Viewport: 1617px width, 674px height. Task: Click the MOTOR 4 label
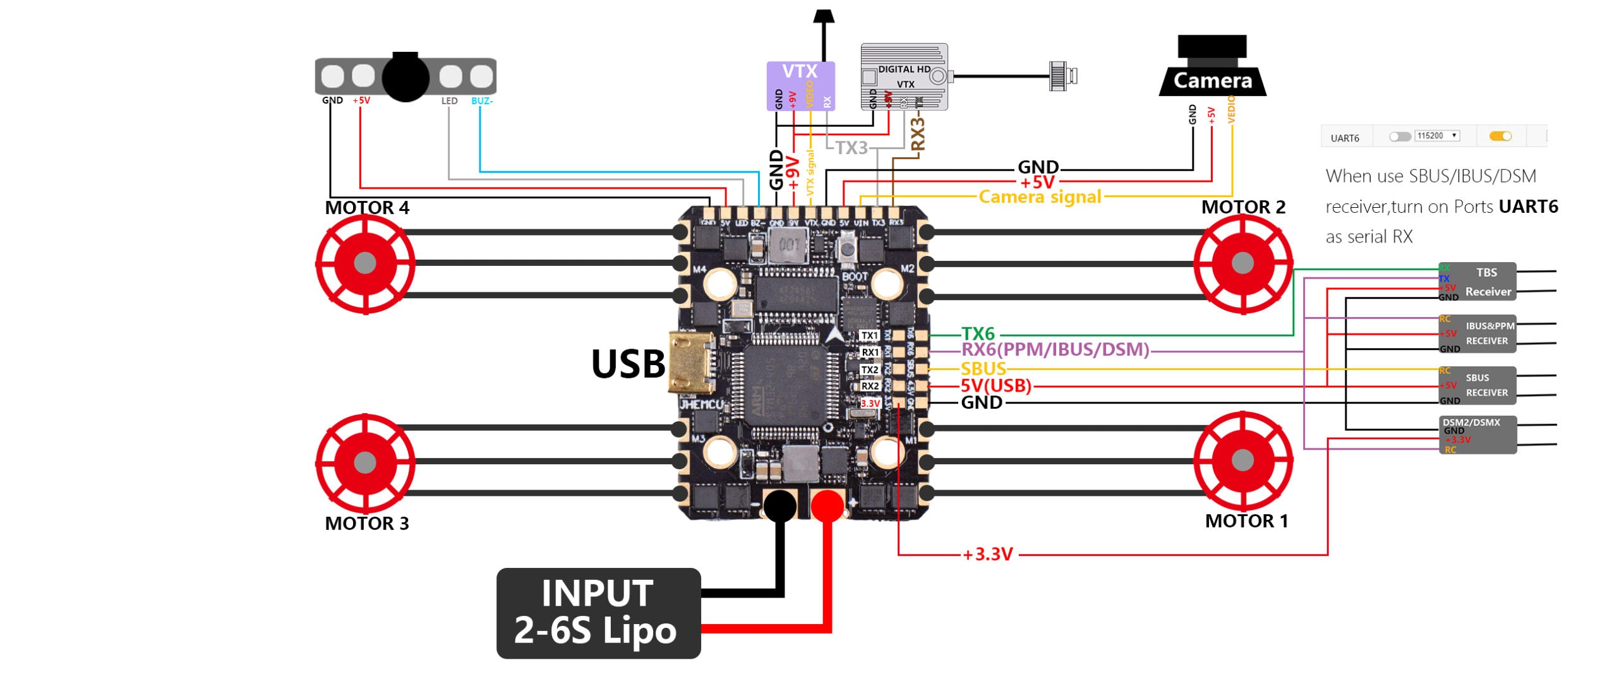pos(367,207)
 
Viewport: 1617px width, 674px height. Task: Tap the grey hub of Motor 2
pos(1242,263)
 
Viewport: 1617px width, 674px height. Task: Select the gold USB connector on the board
pos(691,363)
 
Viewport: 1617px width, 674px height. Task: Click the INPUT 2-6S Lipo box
pos(598,613)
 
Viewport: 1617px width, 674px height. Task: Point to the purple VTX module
pos(800,85)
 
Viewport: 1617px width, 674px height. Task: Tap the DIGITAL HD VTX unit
pos(904,76)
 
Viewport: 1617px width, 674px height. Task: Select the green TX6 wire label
pos(978,334)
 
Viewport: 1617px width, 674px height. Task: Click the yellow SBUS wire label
pos(983,369)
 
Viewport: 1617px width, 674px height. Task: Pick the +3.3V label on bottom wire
pos(988,555)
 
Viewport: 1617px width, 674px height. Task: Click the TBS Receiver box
pos(1477,282)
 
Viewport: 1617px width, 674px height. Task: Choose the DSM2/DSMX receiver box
pos(1477,435)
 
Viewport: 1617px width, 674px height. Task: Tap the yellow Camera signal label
pos(1040,197)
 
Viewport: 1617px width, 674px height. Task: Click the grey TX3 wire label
pos(851,148)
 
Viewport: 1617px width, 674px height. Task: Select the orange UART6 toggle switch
pos(1500,136)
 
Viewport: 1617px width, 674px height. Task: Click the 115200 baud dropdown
pos(1437,136)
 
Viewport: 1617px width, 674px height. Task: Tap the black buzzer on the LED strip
pos(406,77)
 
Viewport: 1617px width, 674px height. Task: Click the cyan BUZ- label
pos(482,101)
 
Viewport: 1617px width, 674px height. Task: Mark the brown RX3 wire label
pos(918,134)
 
